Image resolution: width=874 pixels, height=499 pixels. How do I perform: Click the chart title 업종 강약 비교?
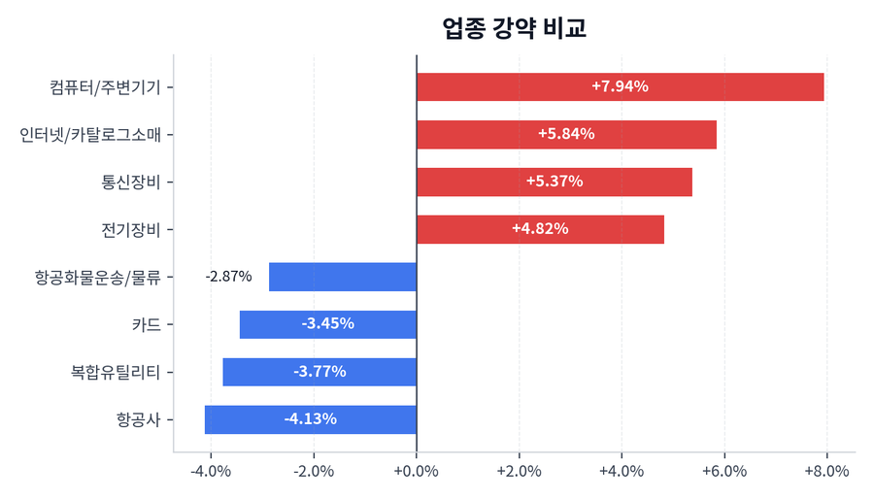pyautogui.click(x=514, y=28)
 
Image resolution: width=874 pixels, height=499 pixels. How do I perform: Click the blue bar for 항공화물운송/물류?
pyautogui.click(x=342, y=277)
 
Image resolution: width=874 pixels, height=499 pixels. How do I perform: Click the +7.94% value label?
pyautogui.click(x=620, y=86)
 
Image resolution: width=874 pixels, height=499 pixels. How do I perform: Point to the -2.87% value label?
pyautogui.click(x=228, y=277)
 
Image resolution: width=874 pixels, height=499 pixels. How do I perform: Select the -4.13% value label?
pyautogui.click(x=310, y=419)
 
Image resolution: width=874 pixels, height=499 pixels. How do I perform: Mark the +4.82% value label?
pyautogui.click(x=540, y=229)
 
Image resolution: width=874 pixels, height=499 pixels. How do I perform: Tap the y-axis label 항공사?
pyautogui.click(x=138, y=419)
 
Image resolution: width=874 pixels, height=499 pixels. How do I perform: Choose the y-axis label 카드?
pyautogui.click(x=146, y=324)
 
